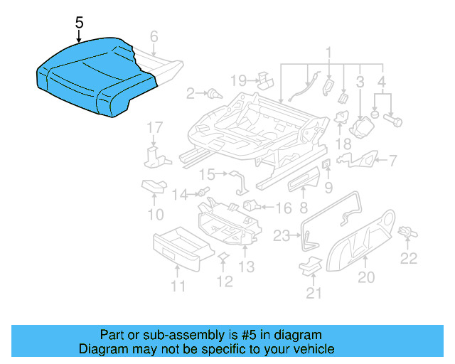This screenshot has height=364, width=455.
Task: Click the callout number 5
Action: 79,22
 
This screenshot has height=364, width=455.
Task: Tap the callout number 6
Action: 154,36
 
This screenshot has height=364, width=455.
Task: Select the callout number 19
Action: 238,80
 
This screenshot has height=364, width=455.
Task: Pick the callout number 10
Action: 155,213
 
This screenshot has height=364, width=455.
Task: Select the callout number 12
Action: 224,282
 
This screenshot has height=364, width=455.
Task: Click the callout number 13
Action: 246,267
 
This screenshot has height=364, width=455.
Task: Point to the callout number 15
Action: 207,173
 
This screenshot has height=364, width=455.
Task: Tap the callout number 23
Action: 282,235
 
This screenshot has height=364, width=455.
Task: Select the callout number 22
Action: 408,258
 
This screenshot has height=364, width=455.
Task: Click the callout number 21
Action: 314,292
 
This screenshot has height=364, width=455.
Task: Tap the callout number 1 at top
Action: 329,52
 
